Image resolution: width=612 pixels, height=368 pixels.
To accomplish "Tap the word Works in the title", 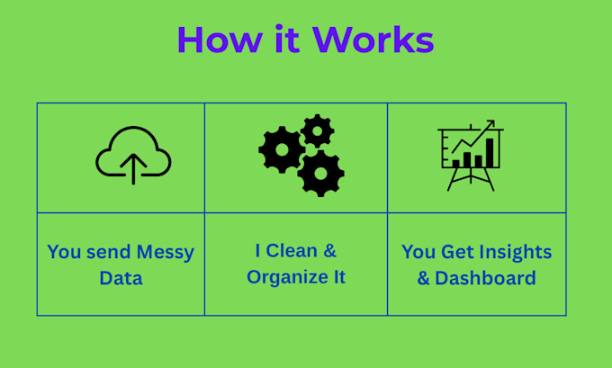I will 373,40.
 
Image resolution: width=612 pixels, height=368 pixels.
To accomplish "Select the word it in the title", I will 288,40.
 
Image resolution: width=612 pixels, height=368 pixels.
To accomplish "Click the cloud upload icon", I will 133,155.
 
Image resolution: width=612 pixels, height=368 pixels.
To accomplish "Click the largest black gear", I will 320,173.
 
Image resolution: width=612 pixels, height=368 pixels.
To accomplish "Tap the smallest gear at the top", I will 317,131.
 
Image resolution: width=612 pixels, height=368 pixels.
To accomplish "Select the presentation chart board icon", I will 471,156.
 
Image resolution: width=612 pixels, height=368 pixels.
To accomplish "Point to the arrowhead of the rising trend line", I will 490,124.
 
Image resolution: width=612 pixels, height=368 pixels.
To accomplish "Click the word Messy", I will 164,253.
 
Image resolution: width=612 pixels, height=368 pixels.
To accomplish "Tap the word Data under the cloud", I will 121,279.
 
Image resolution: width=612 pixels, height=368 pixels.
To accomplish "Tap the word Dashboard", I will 485,278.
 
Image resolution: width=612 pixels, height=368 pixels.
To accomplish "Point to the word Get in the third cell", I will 459,252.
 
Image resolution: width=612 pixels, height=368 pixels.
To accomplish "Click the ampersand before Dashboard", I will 423,278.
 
